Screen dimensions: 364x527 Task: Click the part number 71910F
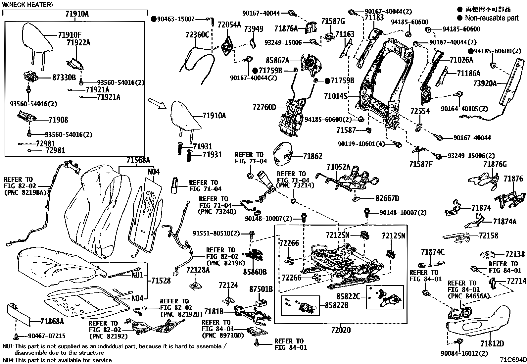point(70,35)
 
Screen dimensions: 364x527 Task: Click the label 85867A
point(277,61)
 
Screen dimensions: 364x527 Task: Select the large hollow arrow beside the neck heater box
point(157,103)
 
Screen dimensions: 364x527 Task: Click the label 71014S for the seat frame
point(336,96)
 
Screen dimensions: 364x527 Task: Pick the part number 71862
point(312,156)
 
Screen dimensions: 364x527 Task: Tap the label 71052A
point(338,167)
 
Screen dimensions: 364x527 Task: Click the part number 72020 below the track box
point(341,330)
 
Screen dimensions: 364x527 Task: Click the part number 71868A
point(52,321)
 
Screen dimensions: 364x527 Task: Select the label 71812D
point(492,344)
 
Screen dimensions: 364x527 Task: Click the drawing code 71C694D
point(513,360)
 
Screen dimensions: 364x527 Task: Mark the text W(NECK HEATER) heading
point(27,5)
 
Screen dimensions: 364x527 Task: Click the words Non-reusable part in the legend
point(492,18)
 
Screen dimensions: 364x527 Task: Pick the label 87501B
point(261,289)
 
